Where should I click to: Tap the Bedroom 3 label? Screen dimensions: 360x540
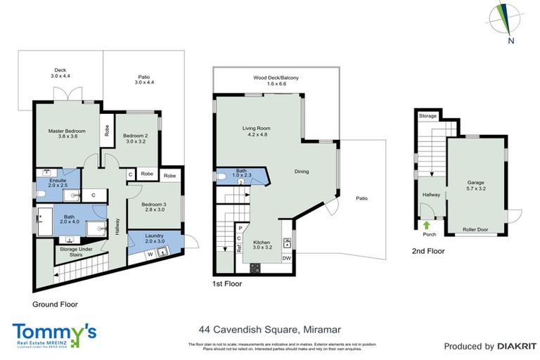[x=143, y=206]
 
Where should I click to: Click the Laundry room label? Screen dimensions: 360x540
[x=155, y=238]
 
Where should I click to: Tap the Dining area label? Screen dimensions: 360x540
[x=302, y=172]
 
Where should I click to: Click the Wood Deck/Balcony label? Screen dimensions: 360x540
[x=274, y=80]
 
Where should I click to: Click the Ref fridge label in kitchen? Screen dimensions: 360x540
[x=239, y=247]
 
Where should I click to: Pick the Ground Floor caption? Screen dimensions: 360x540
[x=55, y=304]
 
